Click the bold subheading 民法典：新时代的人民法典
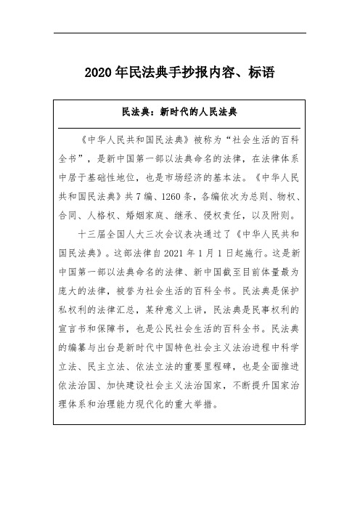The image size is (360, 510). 181,114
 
